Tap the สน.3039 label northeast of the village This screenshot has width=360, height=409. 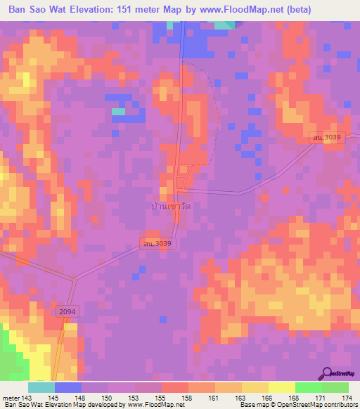click(327, 138)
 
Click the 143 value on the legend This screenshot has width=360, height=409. click(27, 398)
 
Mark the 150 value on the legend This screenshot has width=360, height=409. click(106, 398)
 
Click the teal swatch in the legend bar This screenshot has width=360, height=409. click(41, 387)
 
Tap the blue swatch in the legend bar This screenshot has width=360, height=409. click(68, 387)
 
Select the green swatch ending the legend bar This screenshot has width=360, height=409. click(335, 387)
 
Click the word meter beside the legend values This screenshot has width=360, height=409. click(10, 398)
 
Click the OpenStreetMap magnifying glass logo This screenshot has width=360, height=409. click(327, 372)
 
